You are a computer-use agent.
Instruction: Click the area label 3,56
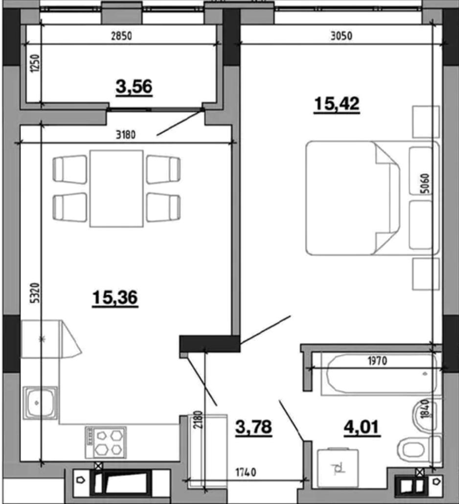point(134,87)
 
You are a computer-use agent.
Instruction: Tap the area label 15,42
point(337,104)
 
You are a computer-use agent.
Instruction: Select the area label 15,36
point(115,297)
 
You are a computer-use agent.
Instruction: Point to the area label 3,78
point(253,427)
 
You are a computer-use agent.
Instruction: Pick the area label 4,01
point(362,427)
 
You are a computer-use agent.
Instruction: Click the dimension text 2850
point(121,36)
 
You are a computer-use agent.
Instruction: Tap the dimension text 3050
point(342,36)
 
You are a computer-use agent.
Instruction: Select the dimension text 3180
point(126,135)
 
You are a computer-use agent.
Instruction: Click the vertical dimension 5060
point(425,183)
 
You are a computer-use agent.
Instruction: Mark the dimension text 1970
point(377,360)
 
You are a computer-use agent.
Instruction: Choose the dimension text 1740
point(246,472)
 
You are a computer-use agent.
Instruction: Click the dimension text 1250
point(35,63)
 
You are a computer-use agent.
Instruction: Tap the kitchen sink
point(41,403)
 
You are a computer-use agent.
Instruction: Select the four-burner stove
point(106,442)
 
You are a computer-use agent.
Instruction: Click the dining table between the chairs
point(116,189)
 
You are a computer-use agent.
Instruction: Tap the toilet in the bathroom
point(419,449)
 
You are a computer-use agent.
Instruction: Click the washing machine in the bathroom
point(338,468)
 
